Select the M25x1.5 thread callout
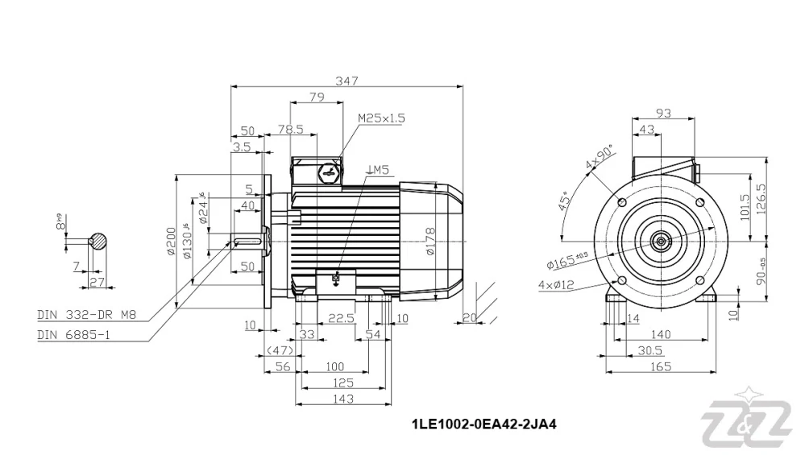click(x=382, y=118)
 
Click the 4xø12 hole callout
click(x=555, y=284)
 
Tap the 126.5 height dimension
click(x=760, y=201)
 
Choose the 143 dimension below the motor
click(x=344, y=398)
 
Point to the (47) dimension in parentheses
click(x=279, y=351)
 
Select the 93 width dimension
click(x=663, y=114)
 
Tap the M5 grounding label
click(x=378, y=169)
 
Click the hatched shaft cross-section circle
click(x=98, y=241)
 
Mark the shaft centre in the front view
click(x=662, y=239)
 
